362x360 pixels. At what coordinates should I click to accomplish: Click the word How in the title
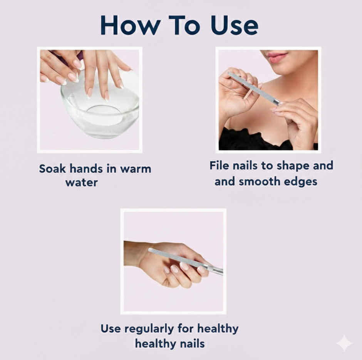pos(131,25)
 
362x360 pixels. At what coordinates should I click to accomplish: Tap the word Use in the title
pos(234,25)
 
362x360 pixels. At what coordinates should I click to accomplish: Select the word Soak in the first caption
pos(52,169)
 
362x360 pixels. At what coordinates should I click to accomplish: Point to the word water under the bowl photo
pos(82,183)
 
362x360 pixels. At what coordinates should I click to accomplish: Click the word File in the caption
pos(219,166)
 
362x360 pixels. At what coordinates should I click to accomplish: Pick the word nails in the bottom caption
pos(193,343)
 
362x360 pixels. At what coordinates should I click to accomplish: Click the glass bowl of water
pos(101,109)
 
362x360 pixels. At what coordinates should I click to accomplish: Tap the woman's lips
pos(277,57)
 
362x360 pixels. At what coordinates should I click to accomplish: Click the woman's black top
pos(254,140)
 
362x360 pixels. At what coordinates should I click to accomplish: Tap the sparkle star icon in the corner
pos(344,343)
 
